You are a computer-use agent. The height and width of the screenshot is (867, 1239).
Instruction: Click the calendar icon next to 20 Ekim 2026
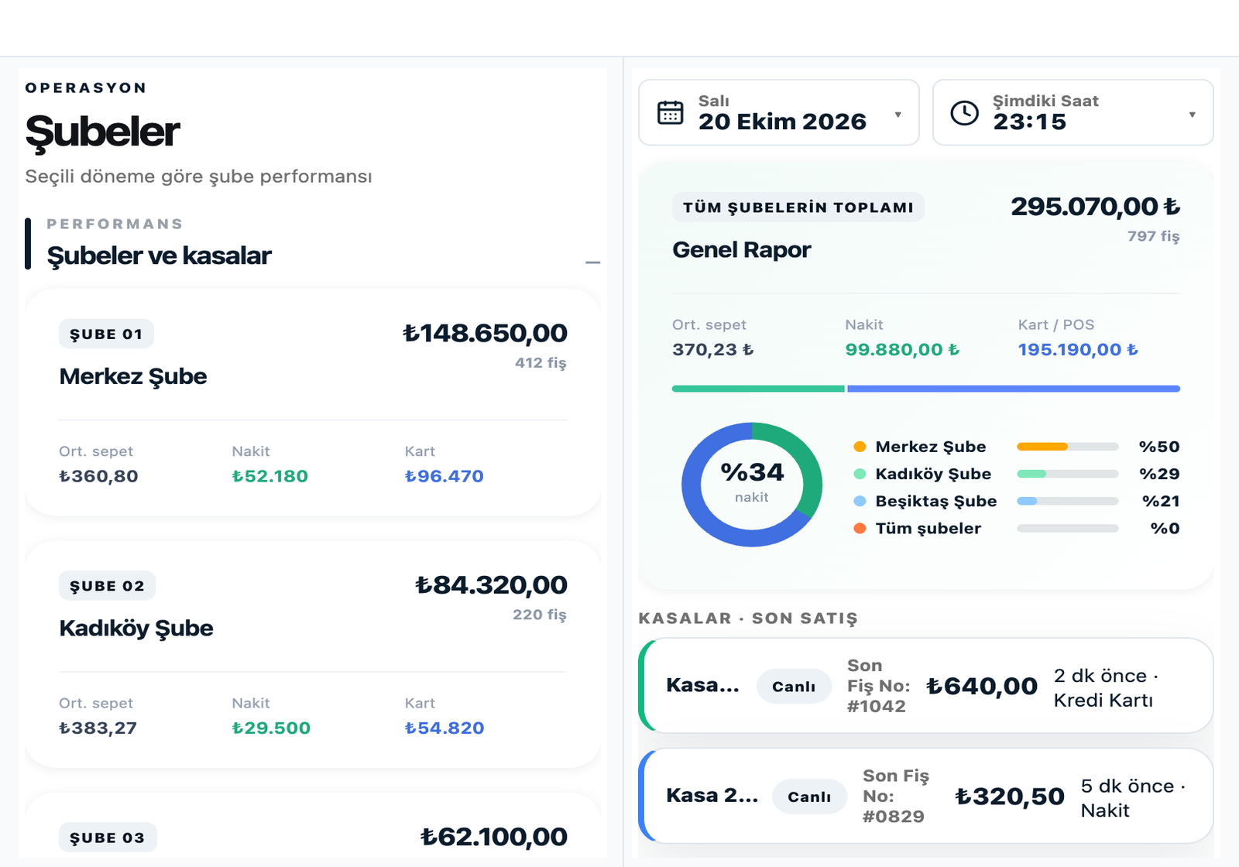coord(670,113)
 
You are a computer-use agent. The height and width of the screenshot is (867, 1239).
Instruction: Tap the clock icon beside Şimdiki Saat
coord(964,113)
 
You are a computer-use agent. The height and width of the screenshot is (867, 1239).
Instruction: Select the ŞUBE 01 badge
coord(106,334)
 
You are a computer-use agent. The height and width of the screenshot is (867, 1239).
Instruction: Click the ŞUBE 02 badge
coord(107,585)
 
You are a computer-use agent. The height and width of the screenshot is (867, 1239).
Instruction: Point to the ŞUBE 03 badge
coord(108,838)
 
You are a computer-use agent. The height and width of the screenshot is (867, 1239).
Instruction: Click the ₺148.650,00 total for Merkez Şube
coord(485,333)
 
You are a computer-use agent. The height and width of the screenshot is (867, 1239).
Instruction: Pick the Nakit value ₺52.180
coord(270,476)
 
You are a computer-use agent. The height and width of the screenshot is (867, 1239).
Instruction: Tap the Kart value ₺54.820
coord(444,728)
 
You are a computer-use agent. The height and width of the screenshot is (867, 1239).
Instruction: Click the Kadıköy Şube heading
coord(136,629)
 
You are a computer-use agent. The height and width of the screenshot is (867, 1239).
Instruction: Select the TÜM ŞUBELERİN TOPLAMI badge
coord(798,207)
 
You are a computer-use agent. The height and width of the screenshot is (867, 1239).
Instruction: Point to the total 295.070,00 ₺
coord(1095,207)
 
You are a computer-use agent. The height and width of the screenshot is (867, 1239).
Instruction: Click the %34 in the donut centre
coord(752,472)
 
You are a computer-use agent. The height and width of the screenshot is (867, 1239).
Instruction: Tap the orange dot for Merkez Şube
coord(860,447)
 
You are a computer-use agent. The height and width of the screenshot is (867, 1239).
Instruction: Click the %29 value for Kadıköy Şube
coord(1159,474)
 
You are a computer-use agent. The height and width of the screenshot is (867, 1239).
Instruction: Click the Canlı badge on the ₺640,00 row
coord(794,686)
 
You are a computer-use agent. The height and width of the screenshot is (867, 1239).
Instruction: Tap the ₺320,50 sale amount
coord(1010,797)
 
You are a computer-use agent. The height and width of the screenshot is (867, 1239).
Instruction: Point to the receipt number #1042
coord(876,706)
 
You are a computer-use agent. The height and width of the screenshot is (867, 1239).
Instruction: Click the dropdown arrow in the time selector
coord(1192,115)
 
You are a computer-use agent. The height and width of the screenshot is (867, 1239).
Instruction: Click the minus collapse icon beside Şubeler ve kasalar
coord(592,262)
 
